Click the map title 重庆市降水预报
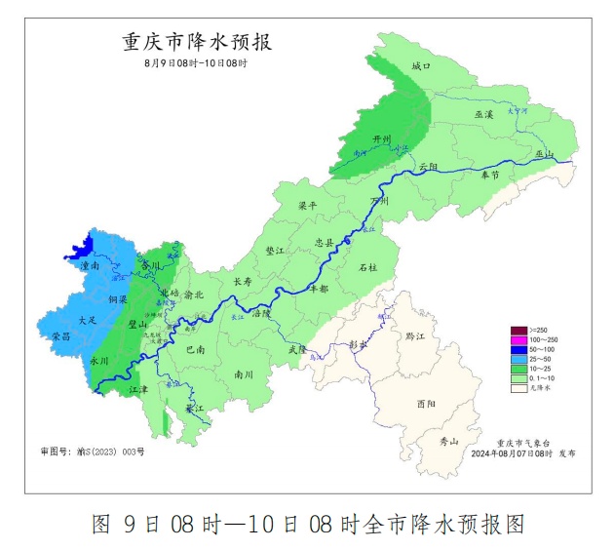(x=196, y=42)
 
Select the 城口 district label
(x=420, y=66)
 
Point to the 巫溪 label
(x=484, y=114)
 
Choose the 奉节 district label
(x=490, y=175)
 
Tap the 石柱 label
(x=367, y=266)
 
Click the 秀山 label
(x=448, y=441)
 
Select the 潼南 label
(x=91, y=264)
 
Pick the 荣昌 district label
(x=62, y=335)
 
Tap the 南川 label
(x=244, y=373)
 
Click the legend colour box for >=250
(x=518, y=330)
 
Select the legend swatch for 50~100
(x=518, y=348)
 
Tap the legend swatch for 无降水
(x=518, y=387)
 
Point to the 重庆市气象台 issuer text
(x=521, y=442)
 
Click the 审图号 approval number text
(x=93, y=452)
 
